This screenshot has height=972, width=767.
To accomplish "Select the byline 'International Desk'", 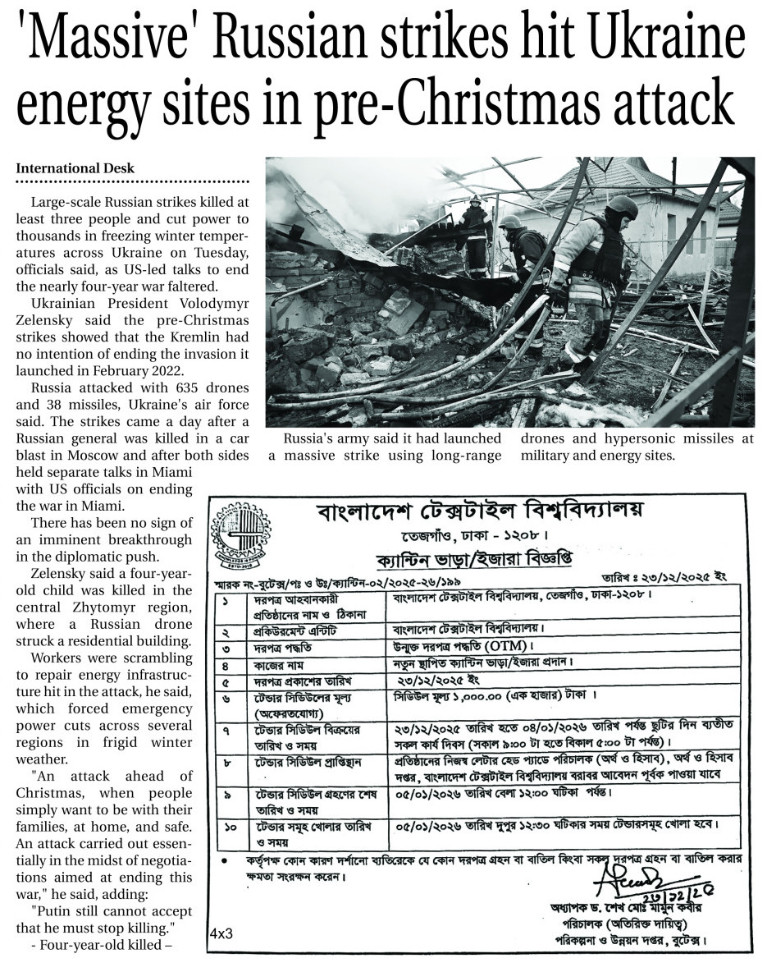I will tap(75, 168).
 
